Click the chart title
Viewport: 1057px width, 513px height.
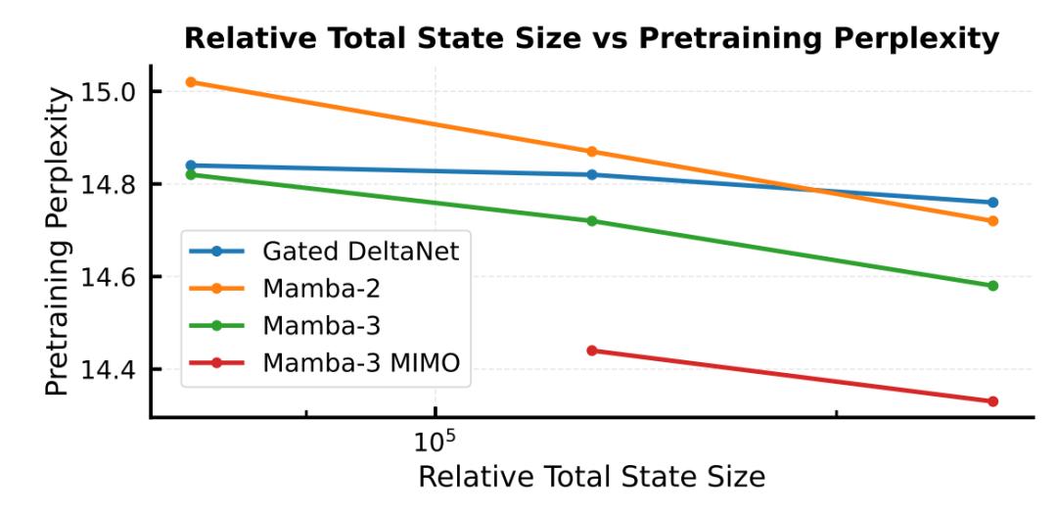point(591,40)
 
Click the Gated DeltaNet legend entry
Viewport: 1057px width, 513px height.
point(360,251)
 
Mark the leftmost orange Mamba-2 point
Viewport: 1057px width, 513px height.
point(191,82)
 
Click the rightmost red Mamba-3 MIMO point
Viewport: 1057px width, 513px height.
point(992,401)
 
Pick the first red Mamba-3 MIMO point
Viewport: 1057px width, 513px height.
point(591,350)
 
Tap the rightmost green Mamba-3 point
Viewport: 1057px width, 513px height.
point(992,286)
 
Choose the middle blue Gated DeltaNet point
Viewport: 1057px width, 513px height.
point(591,175)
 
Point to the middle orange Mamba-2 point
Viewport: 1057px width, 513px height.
point(591,152)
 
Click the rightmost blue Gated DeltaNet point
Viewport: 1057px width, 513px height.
point(992,203)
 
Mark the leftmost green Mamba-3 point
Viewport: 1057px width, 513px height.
point(191,174)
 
